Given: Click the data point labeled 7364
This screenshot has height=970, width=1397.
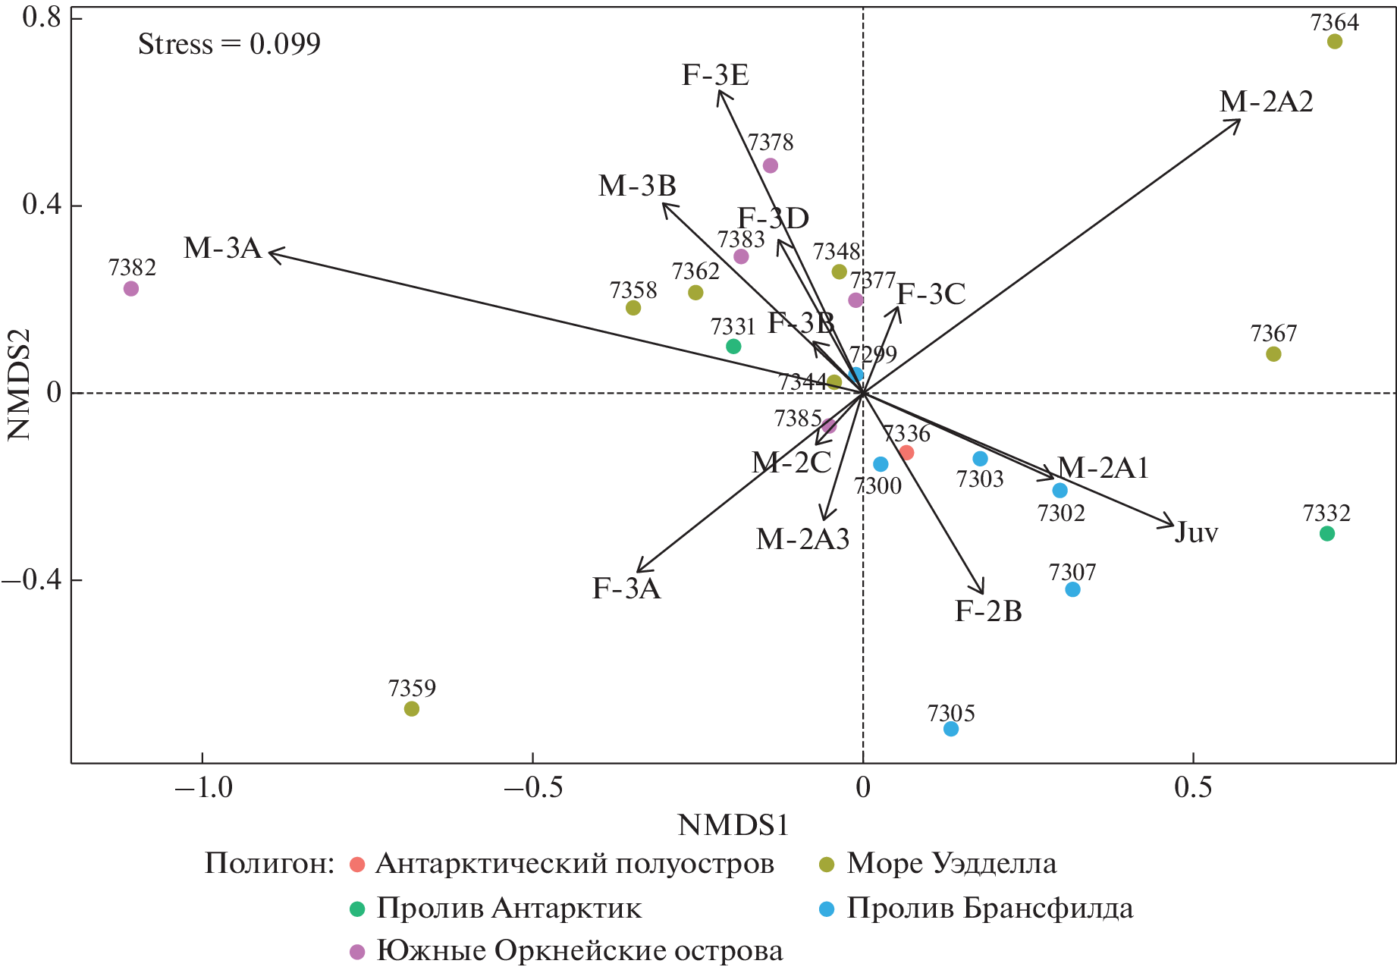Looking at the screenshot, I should (x=1335, y=42).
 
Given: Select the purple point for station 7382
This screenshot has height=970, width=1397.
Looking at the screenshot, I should (x=131, y=289).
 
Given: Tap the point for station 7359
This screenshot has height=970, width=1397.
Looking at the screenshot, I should (x=412, y=709).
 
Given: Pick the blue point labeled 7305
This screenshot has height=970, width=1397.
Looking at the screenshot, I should (x=951, y=729).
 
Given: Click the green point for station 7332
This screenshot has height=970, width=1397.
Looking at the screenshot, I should (x=1327, y=534).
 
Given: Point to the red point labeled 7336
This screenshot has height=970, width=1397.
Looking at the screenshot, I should (x=906, y=453).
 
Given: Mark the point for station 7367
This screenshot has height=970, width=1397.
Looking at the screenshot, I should (x=1273, y=354).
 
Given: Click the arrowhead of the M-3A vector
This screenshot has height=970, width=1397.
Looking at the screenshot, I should (x=272, y=252).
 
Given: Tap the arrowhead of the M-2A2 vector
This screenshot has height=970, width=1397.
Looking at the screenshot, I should (x=1239, y=121).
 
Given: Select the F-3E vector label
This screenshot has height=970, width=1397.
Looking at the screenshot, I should (x=715, y=75).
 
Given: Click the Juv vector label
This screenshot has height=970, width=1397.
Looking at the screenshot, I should (x=1196, y=532).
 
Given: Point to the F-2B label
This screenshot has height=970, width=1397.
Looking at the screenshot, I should (x=988, y=611).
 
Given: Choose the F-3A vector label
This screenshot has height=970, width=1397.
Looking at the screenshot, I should (x=626, y=589).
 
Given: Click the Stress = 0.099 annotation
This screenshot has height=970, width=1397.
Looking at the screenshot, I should (x=229, y=44).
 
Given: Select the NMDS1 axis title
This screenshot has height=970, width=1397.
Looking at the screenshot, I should (x=733, y=825).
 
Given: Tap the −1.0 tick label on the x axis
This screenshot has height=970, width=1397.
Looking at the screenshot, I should (x=203, y=787).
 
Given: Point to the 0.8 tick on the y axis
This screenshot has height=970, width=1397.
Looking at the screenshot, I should (x=42, y=17).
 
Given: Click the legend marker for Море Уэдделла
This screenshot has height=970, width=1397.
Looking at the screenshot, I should (x=827, y=865).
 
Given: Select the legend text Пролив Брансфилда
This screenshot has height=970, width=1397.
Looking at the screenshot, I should (x=990, y=909).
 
